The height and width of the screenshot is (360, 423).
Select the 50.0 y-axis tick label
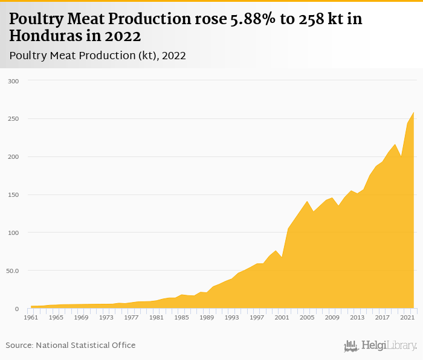tap(13, 271)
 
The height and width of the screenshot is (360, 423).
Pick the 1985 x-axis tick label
tap(181, 317)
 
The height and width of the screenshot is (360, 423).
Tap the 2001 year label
tap(282, 317)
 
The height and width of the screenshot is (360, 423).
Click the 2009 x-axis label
tap(332, 317)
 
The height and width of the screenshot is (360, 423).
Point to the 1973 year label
tap(106, 317)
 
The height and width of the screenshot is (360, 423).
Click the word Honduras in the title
tap(43, 36)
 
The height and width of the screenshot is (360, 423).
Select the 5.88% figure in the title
tap(254, 19)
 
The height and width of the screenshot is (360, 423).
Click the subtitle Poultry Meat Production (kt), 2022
tap(97, 56)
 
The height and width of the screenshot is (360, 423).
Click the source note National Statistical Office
tap(85, 345)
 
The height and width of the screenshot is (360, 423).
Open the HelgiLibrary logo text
tap(389, 346)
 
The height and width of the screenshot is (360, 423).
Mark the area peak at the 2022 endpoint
tap(414, 112)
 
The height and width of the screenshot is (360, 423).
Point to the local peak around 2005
tap(307, 201)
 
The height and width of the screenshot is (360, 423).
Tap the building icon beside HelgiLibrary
tap(351, 346)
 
